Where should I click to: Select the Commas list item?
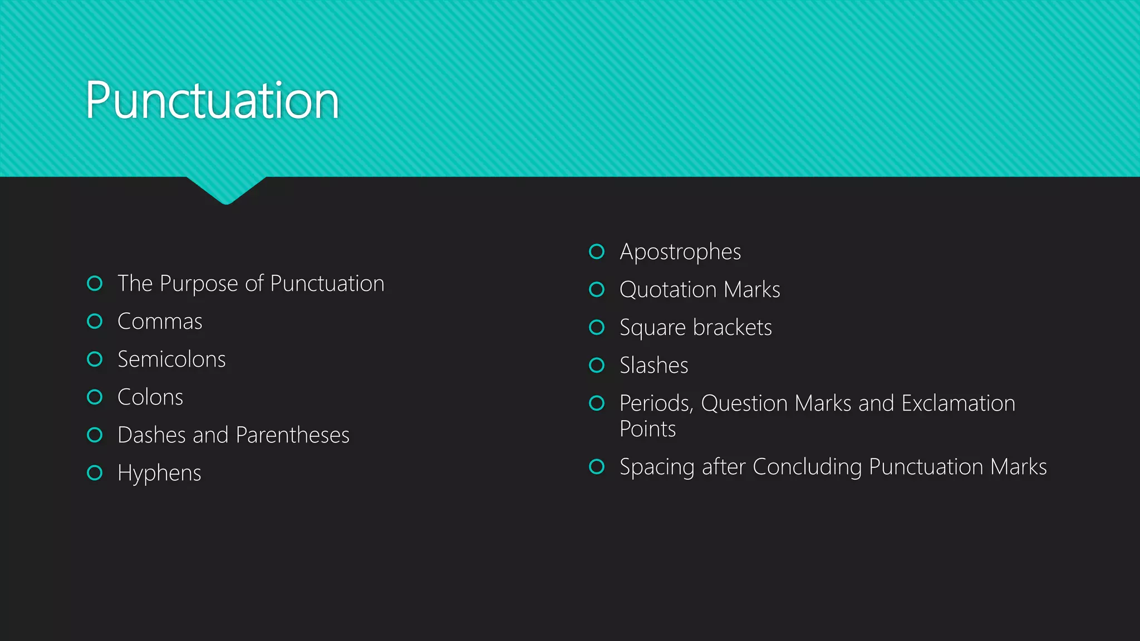pos(160,322)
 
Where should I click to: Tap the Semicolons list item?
pos(171,359)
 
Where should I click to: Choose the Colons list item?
pos(150,397)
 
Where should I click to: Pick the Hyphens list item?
pos(159,474)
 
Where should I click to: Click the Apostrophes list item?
pos(680,252)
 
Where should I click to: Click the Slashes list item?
pos(654,366)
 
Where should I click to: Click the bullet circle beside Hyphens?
pos(95,473)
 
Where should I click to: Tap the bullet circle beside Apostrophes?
pos(597,252)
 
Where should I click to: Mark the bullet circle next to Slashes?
pos(597,365)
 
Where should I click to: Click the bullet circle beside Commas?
pos(95,321)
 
